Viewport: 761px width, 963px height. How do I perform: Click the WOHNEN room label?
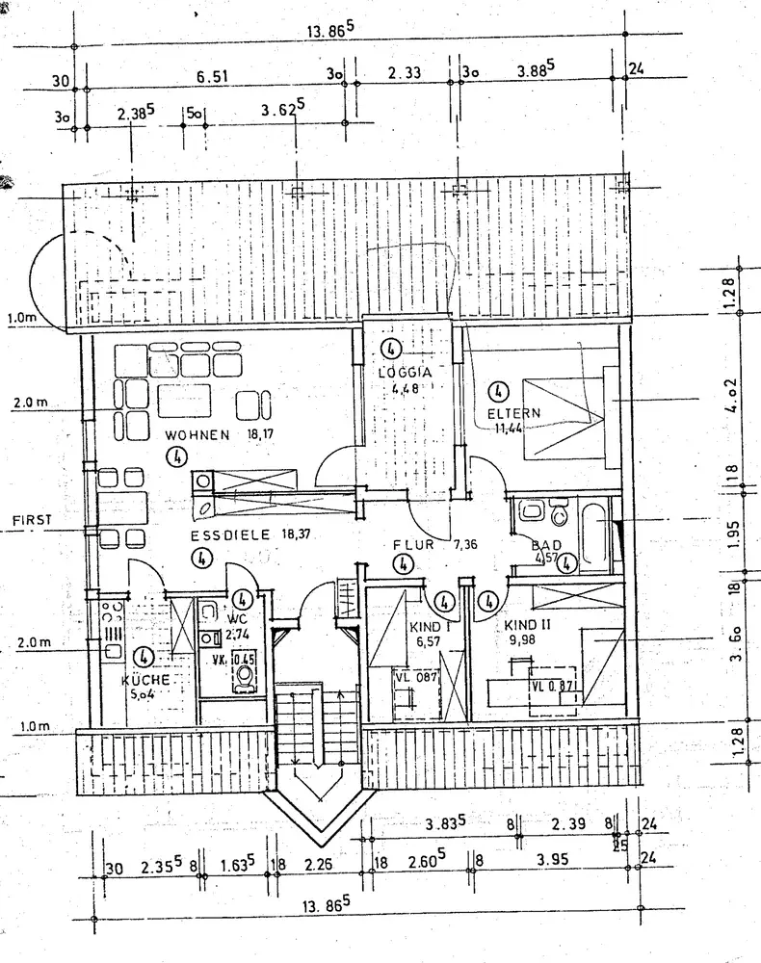tap(197, 434)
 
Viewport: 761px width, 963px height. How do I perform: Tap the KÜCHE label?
tap(144, 680)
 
